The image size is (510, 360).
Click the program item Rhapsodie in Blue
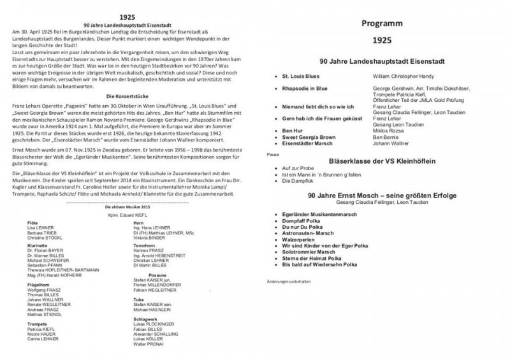(305, 88)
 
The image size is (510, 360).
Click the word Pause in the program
(272, 154)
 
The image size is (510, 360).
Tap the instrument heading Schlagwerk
(146, 317)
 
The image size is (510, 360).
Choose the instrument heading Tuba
(138, 298)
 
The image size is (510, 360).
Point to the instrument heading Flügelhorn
(38, 284)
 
